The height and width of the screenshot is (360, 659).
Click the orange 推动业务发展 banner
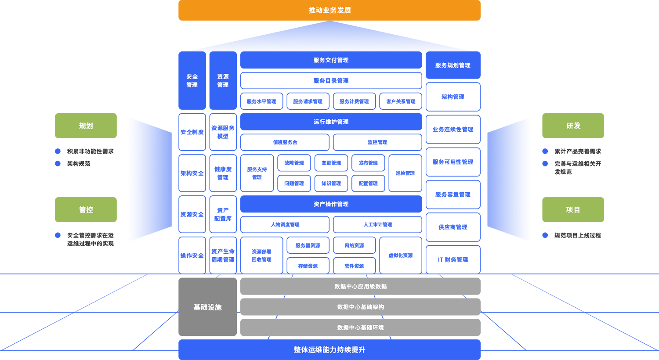click(x=329, y=10)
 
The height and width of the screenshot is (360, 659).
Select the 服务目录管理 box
click(x=331, y=80)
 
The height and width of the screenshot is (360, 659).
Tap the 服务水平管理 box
click(x=261, y=101)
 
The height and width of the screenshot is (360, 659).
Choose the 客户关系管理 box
click(x=401, y=101)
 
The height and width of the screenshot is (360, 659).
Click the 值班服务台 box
click(x=285, y=142)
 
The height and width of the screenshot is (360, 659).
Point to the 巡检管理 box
click(x=406, y=173)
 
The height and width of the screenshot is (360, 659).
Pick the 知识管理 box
click(x=331, y=184)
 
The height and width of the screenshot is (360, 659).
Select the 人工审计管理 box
click(x=378, y=224)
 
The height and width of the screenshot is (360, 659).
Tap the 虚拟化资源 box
click(x=401, y=256)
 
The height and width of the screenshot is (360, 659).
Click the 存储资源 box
click(x=308, y=266)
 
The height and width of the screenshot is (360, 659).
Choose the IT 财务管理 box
click(x=453, y=260)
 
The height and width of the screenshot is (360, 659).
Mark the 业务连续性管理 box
click(x=453, y=130)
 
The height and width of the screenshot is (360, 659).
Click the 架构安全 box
click(x=192, y=173)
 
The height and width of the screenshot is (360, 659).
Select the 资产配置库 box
click(x=223, y=214)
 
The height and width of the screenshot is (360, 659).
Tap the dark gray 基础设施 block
click(x=208, y=307)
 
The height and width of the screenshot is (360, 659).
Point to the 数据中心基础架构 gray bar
click(x=360, y=307)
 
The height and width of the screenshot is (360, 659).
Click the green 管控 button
click(x=86, y=209)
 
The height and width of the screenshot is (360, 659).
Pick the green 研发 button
click(x=573, y=126)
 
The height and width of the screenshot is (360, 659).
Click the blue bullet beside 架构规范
click(x=58, y=163)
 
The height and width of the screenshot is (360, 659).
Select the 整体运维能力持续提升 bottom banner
click(x=329, y=350)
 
